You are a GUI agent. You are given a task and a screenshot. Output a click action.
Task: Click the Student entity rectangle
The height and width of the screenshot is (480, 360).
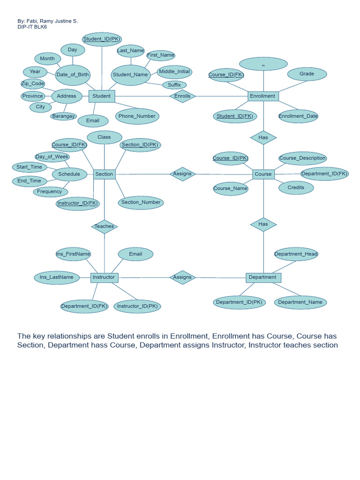click(102, 96)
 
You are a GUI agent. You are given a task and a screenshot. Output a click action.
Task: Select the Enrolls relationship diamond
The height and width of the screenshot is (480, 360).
click(182, 96)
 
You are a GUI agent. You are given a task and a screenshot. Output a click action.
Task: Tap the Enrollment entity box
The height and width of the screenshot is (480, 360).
click(263, 96)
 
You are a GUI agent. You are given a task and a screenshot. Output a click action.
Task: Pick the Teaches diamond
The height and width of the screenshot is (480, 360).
click(104, 226)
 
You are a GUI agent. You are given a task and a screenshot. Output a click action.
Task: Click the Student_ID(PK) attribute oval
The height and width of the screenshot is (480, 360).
click(102, 39)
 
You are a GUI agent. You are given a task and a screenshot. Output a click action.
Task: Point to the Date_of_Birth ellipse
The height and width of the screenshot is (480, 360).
click(72, 75)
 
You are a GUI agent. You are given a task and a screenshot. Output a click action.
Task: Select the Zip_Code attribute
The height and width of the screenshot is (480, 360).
click(33, 84)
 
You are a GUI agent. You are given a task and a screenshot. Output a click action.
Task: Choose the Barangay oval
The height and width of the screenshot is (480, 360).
click(64, 116)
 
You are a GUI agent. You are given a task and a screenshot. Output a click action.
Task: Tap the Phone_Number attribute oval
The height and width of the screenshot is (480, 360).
click(137, 116)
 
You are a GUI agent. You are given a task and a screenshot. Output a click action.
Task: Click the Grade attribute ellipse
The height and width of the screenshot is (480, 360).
click(307, 74)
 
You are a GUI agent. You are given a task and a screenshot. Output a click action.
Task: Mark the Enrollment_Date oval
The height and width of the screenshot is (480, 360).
click(298, 116)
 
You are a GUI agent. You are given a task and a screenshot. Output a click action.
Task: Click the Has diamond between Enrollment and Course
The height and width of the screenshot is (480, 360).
click(263, 137)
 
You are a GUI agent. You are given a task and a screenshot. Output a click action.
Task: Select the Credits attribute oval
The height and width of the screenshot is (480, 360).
click(296, 187)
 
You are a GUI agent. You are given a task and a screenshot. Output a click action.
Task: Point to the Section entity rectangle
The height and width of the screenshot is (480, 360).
click(104, 174)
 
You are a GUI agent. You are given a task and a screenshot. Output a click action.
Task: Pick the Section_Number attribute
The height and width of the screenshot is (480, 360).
click(141, 202)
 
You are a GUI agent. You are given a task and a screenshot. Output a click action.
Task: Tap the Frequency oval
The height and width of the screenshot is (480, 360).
click(50, 192)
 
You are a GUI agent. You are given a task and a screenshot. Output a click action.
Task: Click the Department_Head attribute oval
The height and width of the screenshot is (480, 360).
click(296, 254)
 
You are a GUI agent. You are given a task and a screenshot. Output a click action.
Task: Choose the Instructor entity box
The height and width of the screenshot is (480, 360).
click(104, 277)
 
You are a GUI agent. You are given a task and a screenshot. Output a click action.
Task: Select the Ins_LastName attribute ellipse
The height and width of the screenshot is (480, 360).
click(56, 277)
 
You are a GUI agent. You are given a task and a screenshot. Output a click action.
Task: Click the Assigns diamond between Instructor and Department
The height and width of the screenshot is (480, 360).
click(182, 277)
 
